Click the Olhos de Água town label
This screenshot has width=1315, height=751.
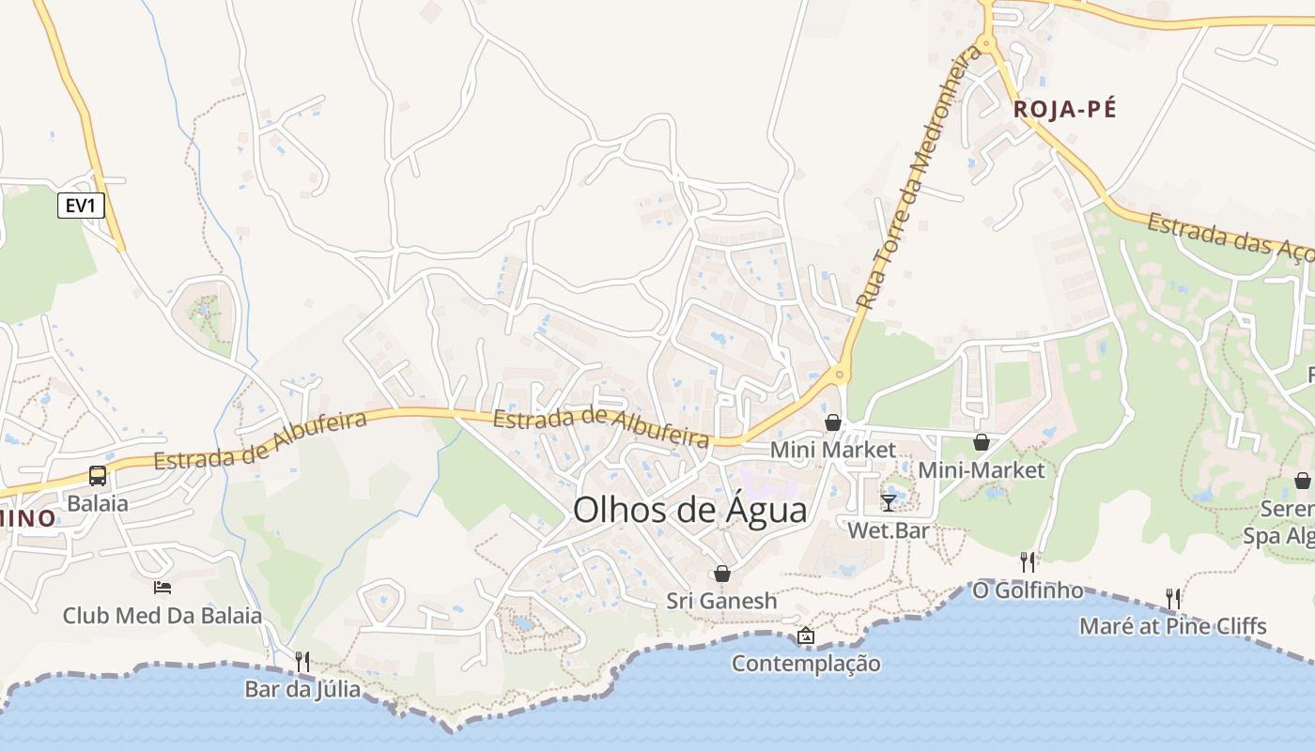(689, 510)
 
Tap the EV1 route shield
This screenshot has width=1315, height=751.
(81, 206)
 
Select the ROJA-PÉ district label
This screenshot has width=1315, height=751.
(1065, 110)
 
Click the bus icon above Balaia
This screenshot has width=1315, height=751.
(98, 475)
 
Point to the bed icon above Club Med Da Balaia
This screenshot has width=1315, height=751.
(162, 588)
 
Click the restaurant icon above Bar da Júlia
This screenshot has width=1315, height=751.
(302, 661)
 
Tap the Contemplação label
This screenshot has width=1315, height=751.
(806, 664)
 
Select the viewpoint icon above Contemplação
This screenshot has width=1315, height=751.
(805, 636)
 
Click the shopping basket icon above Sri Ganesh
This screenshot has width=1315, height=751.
(721, 573)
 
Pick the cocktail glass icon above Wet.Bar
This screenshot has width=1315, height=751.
(888, 502)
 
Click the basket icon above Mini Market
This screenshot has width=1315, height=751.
(832, 422)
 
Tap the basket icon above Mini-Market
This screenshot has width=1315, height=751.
(981, 441)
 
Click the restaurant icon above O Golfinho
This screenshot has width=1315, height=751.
(1028, 561)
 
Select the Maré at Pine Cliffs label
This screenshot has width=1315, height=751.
(1172, 626)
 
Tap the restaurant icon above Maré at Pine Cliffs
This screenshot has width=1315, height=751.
(1172, 598)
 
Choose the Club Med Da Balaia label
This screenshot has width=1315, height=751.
(162, 616)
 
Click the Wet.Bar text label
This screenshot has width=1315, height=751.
(888, 530)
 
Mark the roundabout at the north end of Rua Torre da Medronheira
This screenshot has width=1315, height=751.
(985, 43)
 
